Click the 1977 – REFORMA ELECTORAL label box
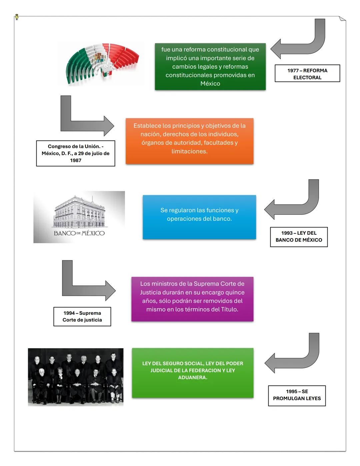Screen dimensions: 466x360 [x=307, y=74]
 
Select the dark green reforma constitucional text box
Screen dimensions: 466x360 [x=210, y=66]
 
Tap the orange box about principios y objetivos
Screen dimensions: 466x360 [x=189, y=141]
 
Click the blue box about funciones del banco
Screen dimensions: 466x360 [x=199, y=217]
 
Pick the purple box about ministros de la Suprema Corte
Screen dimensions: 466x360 [x=192, y=299]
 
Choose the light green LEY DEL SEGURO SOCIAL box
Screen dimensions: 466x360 [x=192, y=373]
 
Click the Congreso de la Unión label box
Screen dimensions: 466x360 [x=75, y=153]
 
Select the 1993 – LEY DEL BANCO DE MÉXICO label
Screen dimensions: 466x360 [x=299, y=237]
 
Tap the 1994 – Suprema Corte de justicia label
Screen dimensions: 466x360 [x=82, y=317]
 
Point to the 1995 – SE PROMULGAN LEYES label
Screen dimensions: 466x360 [x=297, y=396]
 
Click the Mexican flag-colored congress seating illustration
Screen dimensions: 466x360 [x=102, y=63]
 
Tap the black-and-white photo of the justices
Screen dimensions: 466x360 [x=75, y=377]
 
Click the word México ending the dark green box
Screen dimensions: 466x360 [x=210, y=84]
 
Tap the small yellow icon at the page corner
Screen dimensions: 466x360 [x=17, y=17]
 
